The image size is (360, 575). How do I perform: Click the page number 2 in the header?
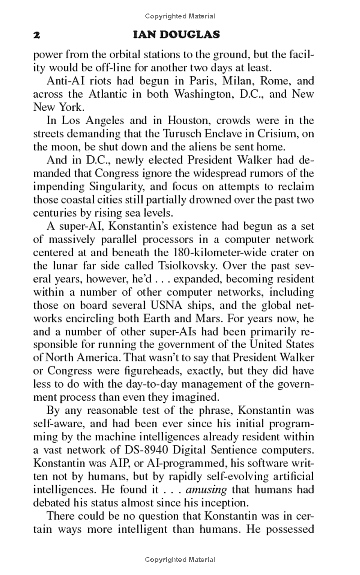point(37,35)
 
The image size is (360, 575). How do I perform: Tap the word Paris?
point(195,81)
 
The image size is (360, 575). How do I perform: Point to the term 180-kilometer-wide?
point(202,253)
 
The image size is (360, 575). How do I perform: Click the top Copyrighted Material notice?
point(180,16)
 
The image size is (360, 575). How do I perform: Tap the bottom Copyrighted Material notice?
point(180,560)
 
